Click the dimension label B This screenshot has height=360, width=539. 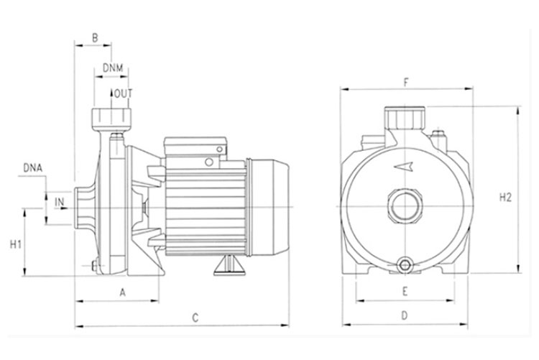(x=95, y=37)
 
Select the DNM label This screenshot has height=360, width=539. (x=113, y=68)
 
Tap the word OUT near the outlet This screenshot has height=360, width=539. (x=123, y=93)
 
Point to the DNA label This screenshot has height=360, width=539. (x=33, y=168)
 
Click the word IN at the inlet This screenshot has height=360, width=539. (x=60, y=202)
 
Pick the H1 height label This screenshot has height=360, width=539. (x=16, y=244)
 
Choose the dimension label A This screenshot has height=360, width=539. (x=123, y=292)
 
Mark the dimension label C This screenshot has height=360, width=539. (x=195, y=318)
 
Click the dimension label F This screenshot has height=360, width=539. (x=406, y=83)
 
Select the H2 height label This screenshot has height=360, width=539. (x=505, y=198)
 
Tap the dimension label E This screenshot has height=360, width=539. (x=405, y=292)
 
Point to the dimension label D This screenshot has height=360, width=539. (x=404, y=315)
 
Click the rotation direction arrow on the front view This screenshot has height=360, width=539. (x=403, y=167)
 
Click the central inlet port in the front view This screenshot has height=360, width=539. (x=405, y=206)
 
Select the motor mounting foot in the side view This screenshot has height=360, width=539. (x=229, y=265)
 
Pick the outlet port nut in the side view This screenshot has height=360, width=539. (x=111, y=117)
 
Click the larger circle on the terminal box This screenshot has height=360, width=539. (x=209, y=162)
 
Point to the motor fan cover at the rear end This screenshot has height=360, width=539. (x=268, y=208)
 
